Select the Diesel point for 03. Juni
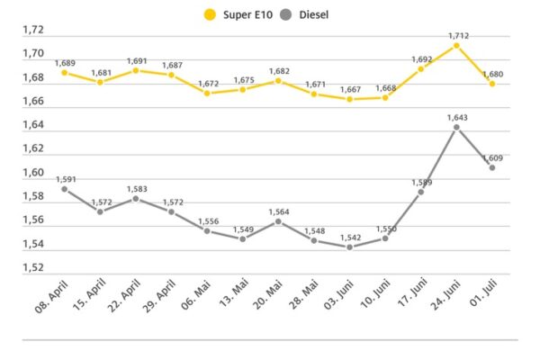349,247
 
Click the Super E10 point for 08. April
65,72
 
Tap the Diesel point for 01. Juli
492,167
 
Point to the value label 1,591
65,179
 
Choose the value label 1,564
278,211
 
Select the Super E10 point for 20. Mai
278,81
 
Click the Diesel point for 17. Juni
420,192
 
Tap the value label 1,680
492,74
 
